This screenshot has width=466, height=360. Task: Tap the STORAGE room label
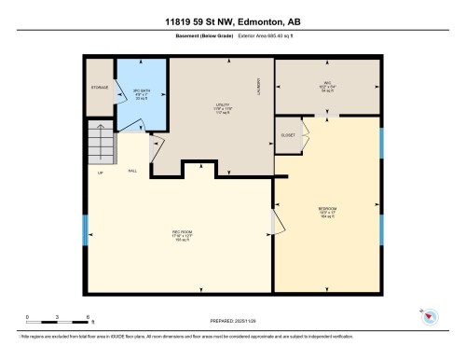pos(99,90)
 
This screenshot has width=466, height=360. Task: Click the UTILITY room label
pos(221,107)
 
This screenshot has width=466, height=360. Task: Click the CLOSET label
pos(287,135)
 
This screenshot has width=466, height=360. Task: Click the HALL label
pos(132,171)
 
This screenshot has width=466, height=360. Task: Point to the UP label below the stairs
pos(100,172)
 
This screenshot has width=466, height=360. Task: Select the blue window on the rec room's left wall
pos(85,230)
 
